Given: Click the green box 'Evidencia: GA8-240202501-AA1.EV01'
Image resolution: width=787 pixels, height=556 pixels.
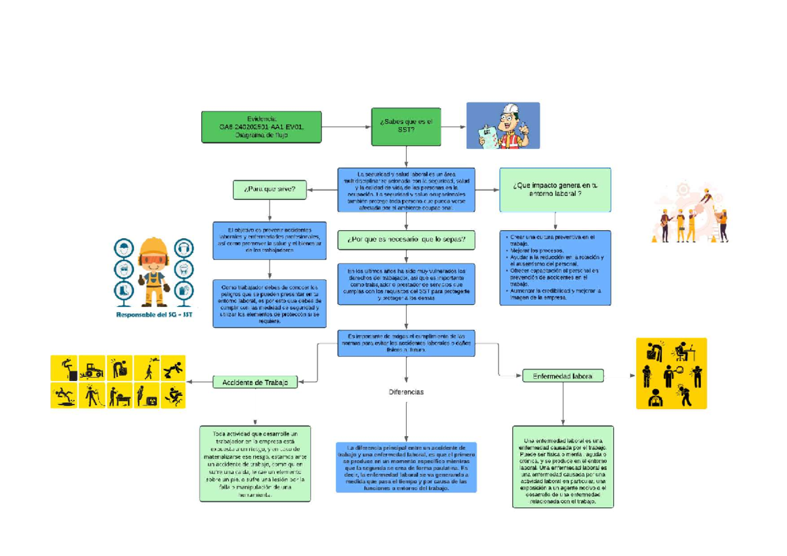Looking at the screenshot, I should click(x=261, y=127).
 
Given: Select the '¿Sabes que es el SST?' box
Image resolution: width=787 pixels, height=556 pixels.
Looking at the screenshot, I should click(x=406, y=127).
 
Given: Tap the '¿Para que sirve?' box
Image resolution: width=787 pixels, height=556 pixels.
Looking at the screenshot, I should click(x=270, y=190).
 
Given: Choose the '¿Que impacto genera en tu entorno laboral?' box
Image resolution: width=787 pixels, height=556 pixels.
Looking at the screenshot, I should click(x=555, y=189).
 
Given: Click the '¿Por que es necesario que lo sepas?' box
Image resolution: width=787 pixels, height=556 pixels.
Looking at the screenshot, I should click(x=406, y=240).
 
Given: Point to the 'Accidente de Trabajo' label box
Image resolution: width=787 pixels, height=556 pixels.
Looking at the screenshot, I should click(x=255, y=382).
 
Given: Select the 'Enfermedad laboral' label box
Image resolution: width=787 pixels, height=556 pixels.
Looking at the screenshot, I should click(x=563, y=376).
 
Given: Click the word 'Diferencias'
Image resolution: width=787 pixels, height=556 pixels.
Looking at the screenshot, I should click(x=406, y=392).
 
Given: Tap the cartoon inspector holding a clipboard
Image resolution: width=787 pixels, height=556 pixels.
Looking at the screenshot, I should click(x=502, y=126).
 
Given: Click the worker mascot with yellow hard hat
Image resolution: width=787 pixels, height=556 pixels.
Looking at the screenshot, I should click(x=153, y=270).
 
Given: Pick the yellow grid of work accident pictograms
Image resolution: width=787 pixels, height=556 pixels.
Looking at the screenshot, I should click(x=118, y=382).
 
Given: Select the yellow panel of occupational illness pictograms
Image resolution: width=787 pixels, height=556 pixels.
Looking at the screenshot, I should click(x=671, y=373).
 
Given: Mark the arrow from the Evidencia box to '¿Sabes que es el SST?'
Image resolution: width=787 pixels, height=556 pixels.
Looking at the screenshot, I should click(x=346, y=127).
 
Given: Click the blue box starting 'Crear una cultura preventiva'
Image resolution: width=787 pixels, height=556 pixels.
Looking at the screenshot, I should click(x=555, y=267).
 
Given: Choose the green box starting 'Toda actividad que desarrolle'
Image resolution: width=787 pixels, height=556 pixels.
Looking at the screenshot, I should click(x=255, y=464).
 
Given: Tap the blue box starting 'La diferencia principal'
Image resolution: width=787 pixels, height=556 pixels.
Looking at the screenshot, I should click(x=406, y=467).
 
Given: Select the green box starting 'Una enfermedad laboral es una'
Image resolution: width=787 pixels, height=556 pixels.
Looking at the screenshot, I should click(x=563, y=466).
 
